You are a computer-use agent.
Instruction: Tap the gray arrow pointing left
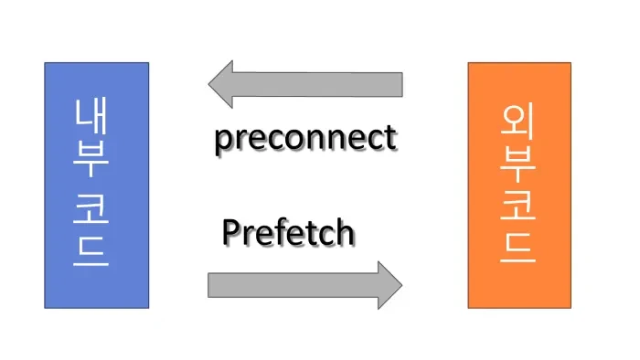(305, 84)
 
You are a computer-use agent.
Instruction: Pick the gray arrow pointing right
(305, 285)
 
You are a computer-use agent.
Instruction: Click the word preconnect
(305, 139)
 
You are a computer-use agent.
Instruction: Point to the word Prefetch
(287, 232)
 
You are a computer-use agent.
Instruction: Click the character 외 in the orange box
(518, 122)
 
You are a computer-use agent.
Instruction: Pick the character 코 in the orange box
(518, 206)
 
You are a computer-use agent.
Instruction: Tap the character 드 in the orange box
(518, 247)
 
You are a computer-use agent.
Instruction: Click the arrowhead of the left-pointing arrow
(222, 84)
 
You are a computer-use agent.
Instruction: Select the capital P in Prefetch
(231, 232)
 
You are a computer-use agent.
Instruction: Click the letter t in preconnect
(390, 140)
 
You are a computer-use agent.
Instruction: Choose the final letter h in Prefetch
(344, 232)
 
